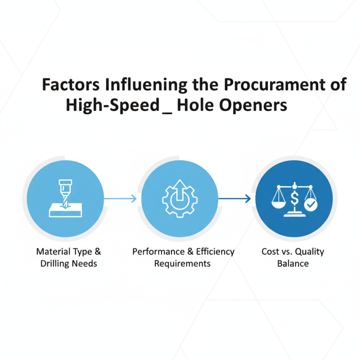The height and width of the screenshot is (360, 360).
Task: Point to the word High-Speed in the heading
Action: tap(112, 105)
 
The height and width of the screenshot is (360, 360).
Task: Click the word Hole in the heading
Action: tap(196, 105)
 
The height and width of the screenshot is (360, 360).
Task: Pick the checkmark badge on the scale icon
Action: tap(310, 205)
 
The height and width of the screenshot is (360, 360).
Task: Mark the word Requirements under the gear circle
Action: tap(182, 263)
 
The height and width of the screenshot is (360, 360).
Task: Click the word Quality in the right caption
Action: tap(308, 252)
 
